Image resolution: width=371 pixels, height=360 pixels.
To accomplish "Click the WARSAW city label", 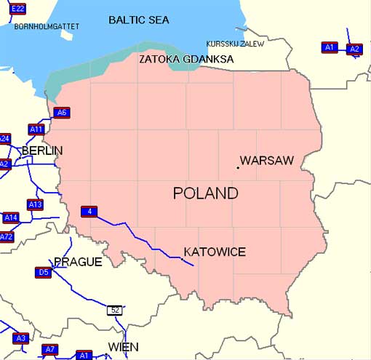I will click(266, 160).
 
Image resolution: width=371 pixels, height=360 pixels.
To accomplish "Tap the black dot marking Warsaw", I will click(238, 168).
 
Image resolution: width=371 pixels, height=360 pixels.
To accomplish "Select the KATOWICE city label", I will click(215, 252).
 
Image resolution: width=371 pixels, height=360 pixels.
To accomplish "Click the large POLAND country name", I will click(206, 193).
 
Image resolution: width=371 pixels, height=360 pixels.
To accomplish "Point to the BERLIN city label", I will click(42, 151).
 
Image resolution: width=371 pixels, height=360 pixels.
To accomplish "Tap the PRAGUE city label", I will click(78, 262).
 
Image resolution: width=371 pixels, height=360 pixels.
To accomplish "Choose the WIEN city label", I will click(123, 347).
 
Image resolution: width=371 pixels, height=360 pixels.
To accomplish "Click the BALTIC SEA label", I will click(138, 20).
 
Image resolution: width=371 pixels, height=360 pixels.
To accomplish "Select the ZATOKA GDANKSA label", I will click(187, 59).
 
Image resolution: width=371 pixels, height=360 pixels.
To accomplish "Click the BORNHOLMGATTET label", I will click(47, 26).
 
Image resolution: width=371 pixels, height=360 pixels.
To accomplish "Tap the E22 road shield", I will click(18, 8).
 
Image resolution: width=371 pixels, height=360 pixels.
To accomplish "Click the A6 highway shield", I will click(62, 112).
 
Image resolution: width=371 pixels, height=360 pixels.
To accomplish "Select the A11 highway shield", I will click(36, 129).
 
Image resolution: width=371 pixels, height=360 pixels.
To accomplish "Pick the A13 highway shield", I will click(35, 204).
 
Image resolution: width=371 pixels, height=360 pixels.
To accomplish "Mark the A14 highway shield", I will click(10, 217).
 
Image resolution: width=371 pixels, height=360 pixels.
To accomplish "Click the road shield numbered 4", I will click(89, 212).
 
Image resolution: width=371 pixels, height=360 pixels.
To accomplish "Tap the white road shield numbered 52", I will click(114, 310).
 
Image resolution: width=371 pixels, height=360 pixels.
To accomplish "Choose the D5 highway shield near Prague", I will click(43, 273).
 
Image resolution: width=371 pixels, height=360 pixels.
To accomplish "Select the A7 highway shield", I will click(49, 350).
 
